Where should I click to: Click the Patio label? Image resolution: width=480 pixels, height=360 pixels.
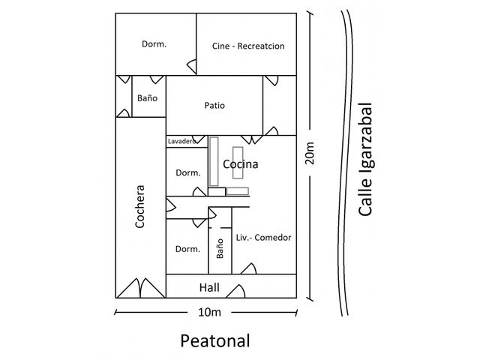click(x=214, y=106)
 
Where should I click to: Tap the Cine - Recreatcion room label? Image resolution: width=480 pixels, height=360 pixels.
click(x=248, y=46)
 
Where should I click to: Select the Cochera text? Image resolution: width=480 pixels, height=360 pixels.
click(x=139, y=206)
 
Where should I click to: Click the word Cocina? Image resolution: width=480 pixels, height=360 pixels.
click(x=241, y=164)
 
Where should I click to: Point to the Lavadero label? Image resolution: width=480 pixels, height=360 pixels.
click(x=181, y=142)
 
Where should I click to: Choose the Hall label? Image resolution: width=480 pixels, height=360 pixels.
click(x=209, y=287)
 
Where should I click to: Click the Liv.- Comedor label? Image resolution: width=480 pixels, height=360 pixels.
click(x=263, y=238)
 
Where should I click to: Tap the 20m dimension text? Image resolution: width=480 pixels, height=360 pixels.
click(x=310, y=153)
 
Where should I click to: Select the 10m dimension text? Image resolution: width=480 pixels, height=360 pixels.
click(x=209, y=312)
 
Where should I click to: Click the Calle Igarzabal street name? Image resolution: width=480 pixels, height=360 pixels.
click(x=365, y=160)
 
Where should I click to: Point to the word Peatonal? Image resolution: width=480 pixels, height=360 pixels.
click(x=215, y=340)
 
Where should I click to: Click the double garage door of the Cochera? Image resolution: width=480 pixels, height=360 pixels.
click(x=141, y=288)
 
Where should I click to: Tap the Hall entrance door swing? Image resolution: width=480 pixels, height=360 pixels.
click(x=235, y=292)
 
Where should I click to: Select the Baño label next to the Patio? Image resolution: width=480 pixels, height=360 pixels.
click(x=147, y=98)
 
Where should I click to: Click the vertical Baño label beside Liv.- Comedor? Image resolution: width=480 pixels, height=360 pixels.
click(x=220, y=248)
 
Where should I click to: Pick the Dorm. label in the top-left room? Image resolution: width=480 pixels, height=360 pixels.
click(x=154, y=44)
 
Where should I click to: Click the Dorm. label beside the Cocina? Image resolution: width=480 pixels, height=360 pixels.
click(x=188, y=173)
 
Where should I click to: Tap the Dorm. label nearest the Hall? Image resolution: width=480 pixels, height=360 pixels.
click(x=187, y=249)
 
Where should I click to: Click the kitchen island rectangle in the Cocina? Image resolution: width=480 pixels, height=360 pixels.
click(x=238, y=163)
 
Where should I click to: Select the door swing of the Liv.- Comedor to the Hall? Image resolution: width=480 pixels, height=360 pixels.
click(x=248, y=268)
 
